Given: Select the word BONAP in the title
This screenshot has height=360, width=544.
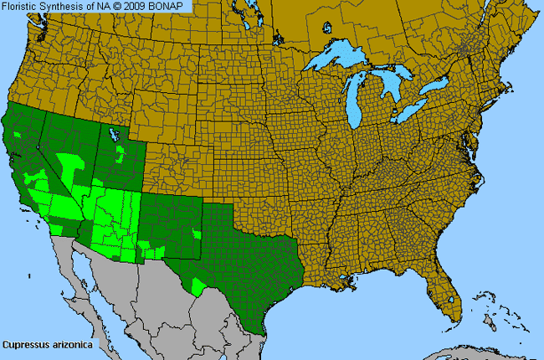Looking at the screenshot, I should (167, 7).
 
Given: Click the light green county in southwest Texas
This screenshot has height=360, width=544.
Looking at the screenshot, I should (199, 285).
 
